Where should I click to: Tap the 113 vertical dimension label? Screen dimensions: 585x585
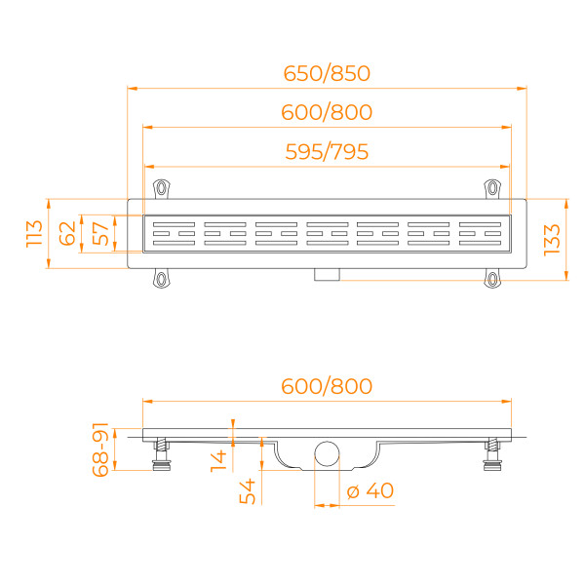click(x=35, y=234)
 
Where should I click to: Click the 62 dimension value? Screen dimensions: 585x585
click(x=67, y=234)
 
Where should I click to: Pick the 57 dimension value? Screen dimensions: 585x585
click(x=98, y=234)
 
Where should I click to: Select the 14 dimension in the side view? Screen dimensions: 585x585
click(x=218, y=457)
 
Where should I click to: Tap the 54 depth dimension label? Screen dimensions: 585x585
click(x=248, y=490)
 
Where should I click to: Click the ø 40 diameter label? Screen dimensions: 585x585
click(x=370, y=490)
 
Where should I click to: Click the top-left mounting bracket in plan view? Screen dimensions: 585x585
click(x=161, y=188)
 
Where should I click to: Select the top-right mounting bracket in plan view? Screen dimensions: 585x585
click(x=493, y=188)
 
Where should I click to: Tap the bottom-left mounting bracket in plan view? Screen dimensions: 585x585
click(x=161, y=280)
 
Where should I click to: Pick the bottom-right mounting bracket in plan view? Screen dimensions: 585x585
click(x=493, y=280)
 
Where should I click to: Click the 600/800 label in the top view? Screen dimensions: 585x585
click(x=328, y=112)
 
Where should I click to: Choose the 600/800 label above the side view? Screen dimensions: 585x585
click(x=328, y=386)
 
